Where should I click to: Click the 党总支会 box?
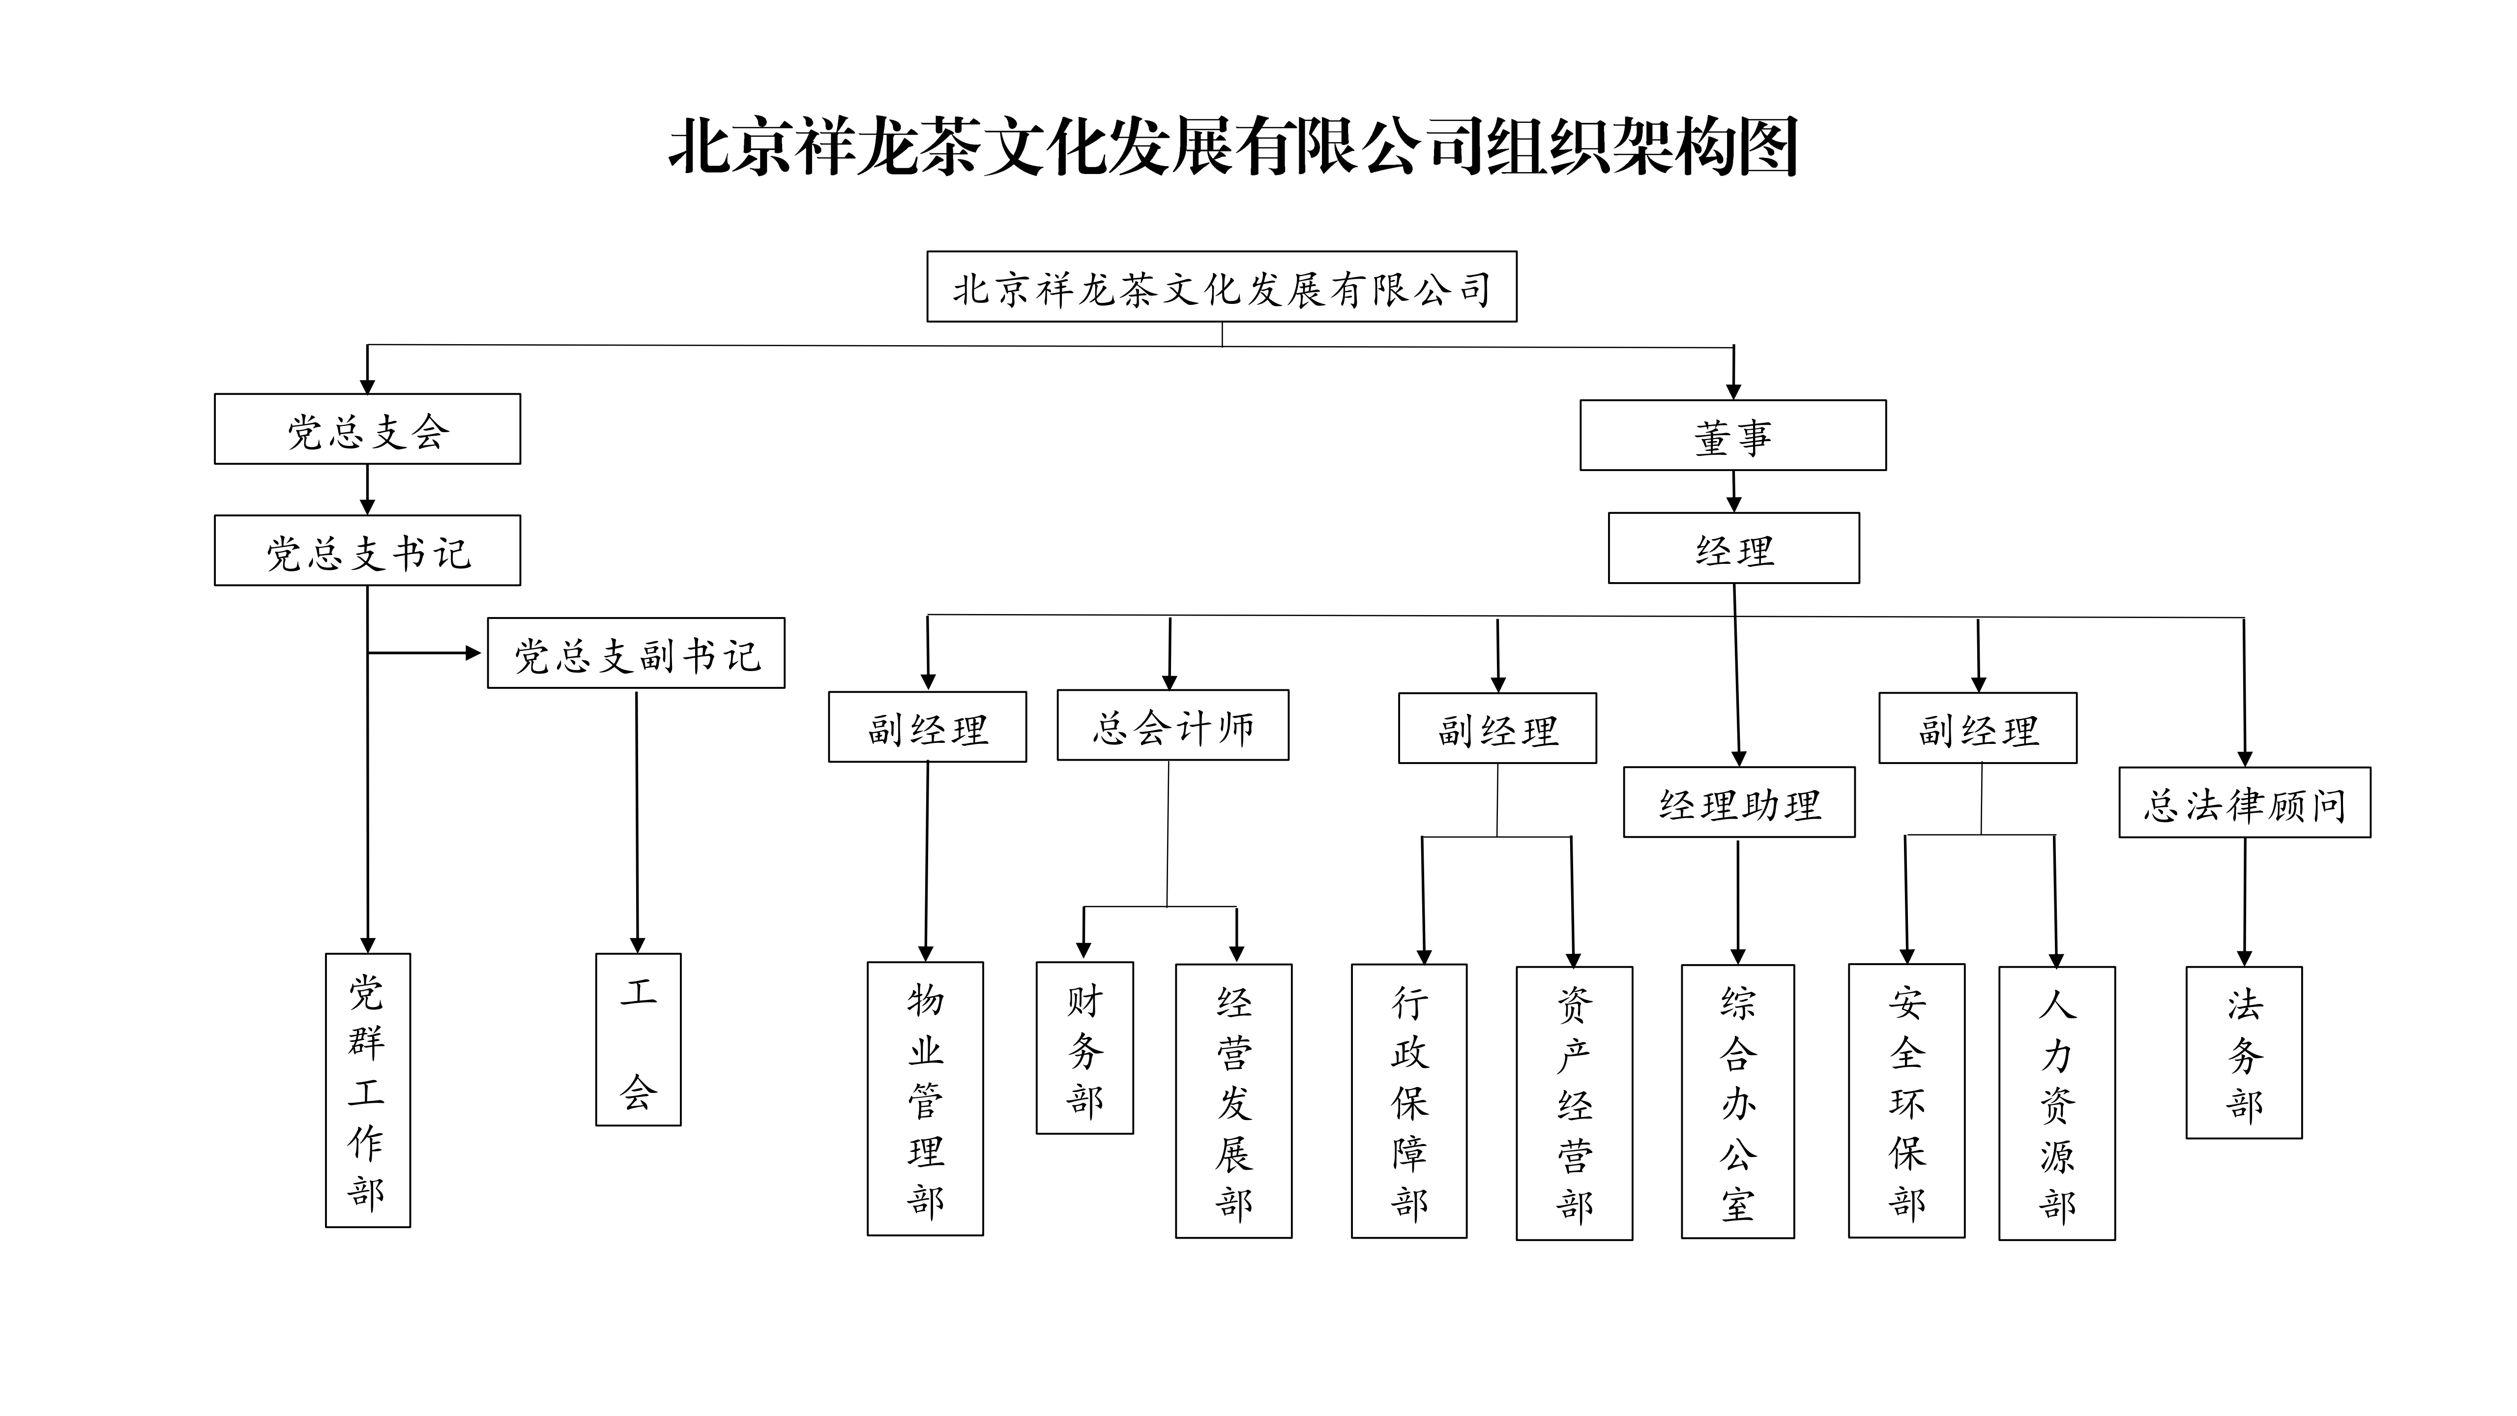click(x=367, y=429)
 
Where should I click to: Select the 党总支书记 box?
click(x=367, y=550)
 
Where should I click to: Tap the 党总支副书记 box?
click(x=636, y=653)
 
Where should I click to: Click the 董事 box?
click(x=1732, y=435)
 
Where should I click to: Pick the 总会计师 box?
click(x=1172, y=725)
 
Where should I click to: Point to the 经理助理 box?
click(x=1739, y=802)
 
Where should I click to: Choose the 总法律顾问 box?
click(x=2244, y=802)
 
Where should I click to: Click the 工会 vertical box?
click(x=638, y=1040)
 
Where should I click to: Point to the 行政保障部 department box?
click(x=1409, y=1101)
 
